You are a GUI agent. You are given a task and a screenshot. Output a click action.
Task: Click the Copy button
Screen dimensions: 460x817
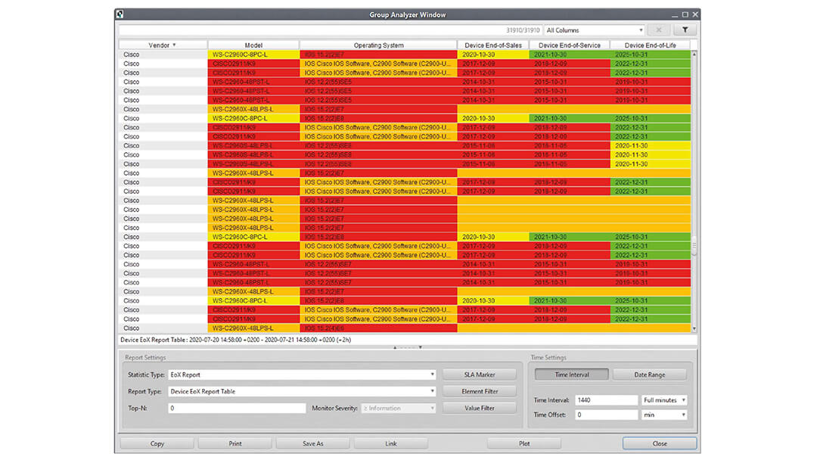pyautogui.click(x=157, y=443)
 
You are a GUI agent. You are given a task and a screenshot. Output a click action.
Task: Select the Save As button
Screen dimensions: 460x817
pyautogui.click(x=312, y=443)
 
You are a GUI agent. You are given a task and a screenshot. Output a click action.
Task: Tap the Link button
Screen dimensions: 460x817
pyautogui.click(x=390, y=443)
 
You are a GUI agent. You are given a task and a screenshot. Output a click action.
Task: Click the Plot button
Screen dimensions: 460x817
pyautogui.click(x=524, y=443)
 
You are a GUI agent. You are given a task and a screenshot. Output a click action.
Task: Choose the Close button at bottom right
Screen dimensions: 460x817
pyautogui.click(x=660, y=443)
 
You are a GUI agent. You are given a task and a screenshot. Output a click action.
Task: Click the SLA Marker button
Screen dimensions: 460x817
pyautogui.click(x=479, y=375)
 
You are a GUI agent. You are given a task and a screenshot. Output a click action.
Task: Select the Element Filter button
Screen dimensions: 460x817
pyautogui.click(x=479, y=391)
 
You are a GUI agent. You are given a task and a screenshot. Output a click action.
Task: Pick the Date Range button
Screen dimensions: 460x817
pyautogui.click(x=650, y=375)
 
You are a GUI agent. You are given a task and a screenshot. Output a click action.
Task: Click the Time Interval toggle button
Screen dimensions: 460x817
pyautogui.click(x=572, y=375)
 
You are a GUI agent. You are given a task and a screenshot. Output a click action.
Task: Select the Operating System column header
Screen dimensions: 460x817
pyautogui.click(x=378, y=45)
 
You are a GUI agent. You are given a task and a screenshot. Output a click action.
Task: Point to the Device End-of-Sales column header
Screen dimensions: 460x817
pyautogui.click(x=493, y=45)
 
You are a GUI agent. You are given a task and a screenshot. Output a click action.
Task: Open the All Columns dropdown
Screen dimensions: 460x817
pyautogui.click(x=594, y=30)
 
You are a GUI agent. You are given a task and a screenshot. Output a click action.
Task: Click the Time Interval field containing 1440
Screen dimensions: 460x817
pyautogui.click(x=605, y=400)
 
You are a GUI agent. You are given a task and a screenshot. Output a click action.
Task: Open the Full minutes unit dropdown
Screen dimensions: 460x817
pyautogui.click(x=664, y=400)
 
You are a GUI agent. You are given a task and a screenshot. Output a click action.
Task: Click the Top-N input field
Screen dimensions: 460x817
pyautogui.click(x=236, y=409)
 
